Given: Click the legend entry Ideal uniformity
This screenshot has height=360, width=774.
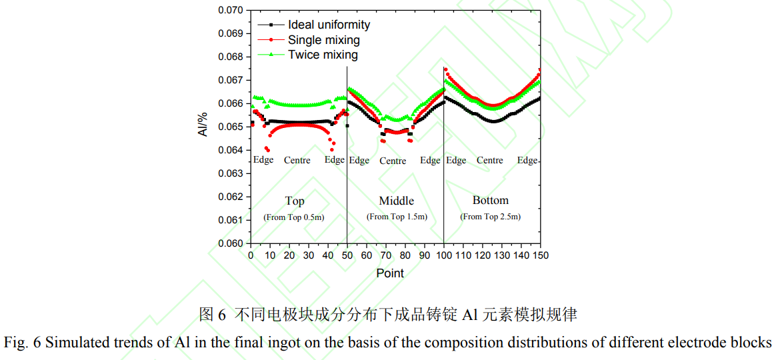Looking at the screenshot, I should pos(329,25).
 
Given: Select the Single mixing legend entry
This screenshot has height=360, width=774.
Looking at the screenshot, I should pos(323,40).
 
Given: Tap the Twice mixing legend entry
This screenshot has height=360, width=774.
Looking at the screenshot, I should pos(323,55).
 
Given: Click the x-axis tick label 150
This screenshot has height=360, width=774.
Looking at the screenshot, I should pos(540,255).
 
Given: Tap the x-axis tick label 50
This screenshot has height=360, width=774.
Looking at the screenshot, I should pos(347,255).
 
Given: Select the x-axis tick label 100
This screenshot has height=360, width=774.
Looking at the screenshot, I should pos(443,255).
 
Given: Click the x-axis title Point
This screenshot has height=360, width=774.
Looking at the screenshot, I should pos(390,273).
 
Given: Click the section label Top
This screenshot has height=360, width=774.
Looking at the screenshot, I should pos(295,201).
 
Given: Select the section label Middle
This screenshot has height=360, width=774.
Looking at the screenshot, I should pos(396,201).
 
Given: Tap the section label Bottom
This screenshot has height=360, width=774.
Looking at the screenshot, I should pos(490,200).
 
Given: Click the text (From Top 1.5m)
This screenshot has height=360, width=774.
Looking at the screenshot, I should pos(397,217).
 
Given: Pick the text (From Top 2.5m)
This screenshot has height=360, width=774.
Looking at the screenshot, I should pos(490,217).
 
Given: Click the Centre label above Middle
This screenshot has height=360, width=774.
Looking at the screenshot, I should pos(393,161).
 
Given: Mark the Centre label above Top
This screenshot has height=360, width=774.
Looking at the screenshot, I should pos(297,160).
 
